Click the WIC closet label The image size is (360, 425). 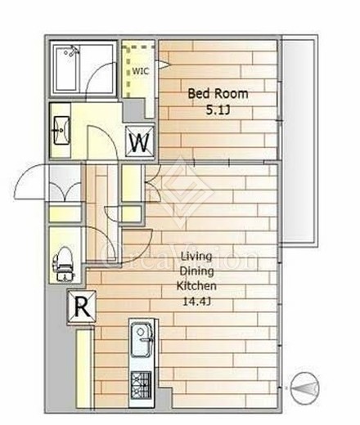tap(141, 71)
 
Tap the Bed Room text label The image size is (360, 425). tap(218, 94)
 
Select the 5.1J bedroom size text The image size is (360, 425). tap(218, 110)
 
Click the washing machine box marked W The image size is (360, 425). tap(140, 142)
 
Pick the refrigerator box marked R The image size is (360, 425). tap(82, 307)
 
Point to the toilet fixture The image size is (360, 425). tap(63, 264)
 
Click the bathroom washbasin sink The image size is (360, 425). tap(62, 130)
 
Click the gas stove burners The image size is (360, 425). tap(141, 385)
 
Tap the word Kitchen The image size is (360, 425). tap(196, 286)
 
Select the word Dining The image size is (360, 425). tap(197, 271)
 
